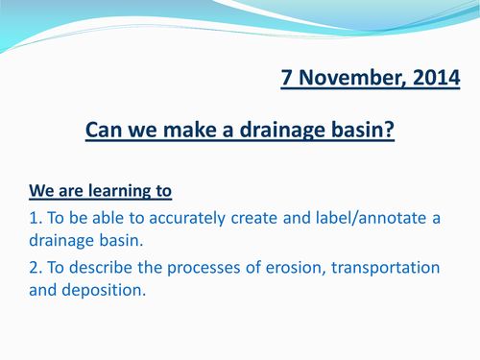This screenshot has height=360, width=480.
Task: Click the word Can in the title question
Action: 105,129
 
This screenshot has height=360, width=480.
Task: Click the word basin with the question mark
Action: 361,129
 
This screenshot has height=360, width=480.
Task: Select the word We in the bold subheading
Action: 41,190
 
